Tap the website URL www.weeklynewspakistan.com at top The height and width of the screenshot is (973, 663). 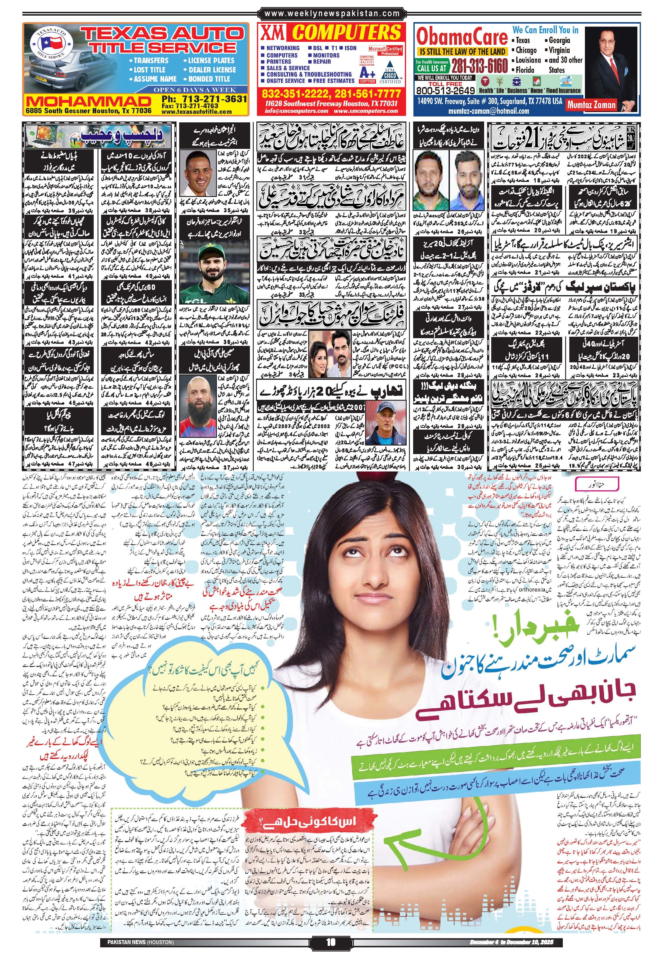(332, 14)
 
